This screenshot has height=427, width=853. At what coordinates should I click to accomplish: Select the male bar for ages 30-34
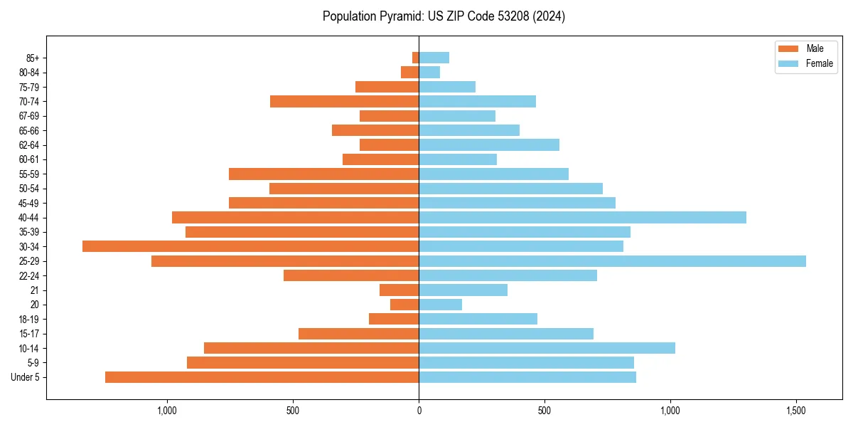(x=250, y=246)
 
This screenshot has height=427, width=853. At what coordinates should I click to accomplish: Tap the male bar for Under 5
(x=262, y=377)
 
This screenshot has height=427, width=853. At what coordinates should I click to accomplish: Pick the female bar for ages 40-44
(x=582, y=217)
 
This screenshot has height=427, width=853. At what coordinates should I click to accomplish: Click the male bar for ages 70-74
(x=344, y=101)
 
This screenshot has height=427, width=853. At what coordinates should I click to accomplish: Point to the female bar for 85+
(x=434, y=58)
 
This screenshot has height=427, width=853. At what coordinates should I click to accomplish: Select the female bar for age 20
(x=440, y=305)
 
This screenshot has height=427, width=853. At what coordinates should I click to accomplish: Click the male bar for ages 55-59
(x=323, y=174)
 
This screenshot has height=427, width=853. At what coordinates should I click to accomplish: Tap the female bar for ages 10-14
(x=547, y=348)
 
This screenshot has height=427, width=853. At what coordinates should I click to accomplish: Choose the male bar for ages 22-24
(x=351, y=275)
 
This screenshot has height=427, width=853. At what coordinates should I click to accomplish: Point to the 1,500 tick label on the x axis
(x=796, y=411)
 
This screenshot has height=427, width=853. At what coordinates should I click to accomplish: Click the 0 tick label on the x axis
(x=419, y=411)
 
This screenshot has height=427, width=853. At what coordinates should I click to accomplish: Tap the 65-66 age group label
(x=29, y=130)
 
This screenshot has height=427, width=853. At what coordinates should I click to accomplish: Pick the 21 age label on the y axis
(x=35, y=290)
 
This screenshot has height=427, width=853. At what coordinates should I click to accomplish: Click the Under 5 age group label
(x=26, y=377)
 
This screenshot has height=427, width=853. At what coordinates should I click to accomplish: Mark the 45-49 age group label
(x=29, y=203)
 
